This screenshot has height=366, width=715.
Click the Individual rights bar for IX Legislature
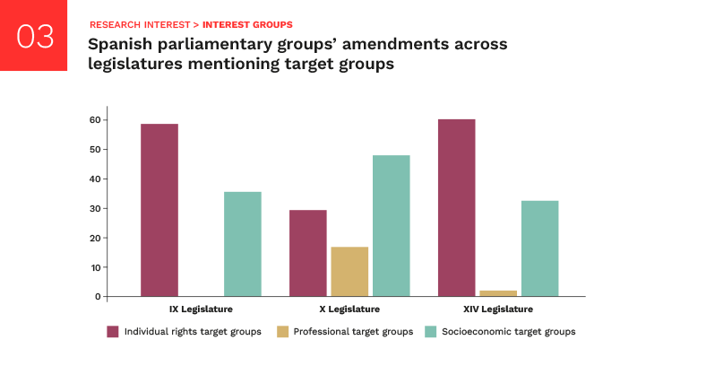(159, 210)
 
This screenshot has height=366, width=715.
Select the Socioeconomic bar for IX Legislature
(243, 244)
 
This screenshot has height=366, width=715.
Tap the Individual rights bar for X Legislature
(308, 253)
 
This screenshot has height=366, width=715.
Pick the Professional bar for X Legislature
(349, 272)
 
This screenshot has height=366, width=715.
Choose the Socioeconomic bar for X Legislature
(392, 226)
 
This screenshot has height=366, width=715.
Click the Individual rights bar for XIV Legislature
(456, 208)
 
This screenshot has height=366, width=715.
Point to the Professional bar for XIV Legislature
(498, 293)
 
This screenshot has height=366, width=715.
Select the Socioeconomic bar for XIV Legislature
(539, 248)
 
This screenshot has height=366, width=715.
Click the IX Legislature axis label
(202, 309)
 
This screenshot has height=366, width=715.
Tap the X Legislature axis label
(349, 309)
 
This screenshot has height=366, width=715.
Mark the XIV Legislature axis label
(497, 309)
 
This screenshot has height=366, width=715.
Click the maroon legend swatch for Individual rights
(113, 332)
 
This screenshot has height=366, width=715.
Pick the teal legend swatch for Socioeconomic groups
(431, 332)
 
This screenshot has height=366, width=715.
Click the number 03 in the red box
(35, 37)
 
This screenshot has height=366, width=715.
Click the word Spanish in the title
(123, 43)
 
